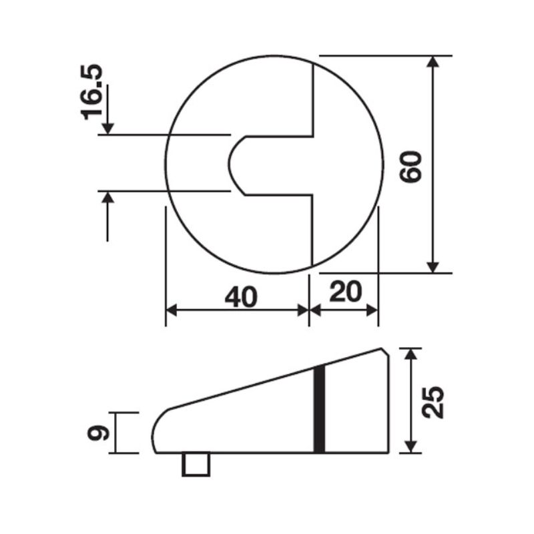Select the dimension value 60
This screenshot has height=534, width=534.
[412, 167]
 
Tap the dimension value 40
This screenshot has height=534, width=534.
[240, 297]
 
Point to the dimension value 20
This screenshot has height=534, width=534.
[345, 292]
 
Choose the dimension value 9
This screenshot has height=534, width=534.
[97, 433]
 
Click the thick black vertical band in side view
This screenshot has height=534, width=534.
[320, 409]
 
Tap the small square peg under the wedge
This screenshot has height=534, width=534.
[196, 464]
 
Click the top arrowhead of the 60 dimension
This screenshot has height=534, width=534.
[434, 61]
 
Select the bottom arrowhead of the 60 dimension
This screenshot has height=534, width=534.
[434, 266]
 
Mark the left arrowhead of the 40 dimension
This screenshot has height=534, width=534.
[172, 310]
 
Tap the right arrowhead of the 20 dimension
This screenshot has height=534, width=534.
[372, 310]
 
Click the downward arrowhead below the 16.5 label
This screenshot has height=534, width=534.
[107, 127]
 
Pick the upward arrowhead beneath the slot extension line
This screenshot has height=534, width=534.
[107, 198]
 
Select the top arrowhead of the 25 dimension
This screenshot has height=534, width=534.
[411, 354]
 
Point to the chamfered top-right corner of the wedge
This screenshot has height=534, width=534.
[385, 351]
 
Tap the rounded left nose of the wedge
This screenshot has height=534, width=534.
[158, 427]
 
